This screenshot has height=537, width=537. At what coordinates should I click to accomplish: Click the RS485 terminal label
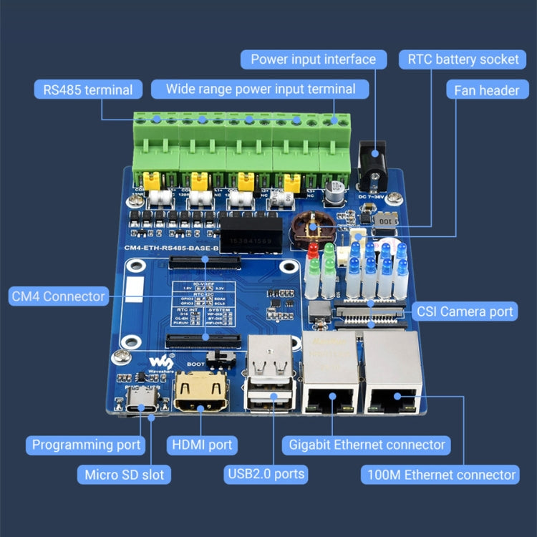[87, 89]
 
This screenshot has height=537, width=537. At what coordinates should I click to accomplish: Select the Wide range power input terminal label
[261, 89]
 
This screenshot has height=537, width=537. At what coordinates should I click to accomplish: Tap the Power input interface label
[313, 59]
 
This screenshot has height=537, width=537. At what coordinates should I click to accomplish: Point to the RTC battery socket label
[463, 59]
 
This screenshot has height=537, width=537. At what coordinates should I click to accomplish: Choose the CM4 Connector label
[59, 296]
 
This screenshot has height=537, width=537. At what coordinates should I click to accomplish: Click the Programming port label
[87, 445]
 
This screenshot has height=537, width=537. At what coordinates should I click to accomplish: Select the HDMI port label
[202, 445]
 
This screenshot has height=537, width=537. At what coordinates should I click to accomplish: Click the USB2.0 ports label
[266, 473]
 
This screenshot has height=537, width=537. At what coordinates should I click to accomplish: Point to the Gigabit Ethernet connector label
[367, 445]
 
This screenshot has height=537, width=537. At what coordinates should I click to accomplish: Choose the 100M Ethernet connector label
[440, 474]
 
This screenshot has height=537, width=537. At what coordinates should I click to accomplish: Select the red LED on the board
[313, 251]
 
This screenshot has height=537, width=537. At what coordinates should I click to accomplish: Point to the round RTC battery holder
[312, 226]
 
